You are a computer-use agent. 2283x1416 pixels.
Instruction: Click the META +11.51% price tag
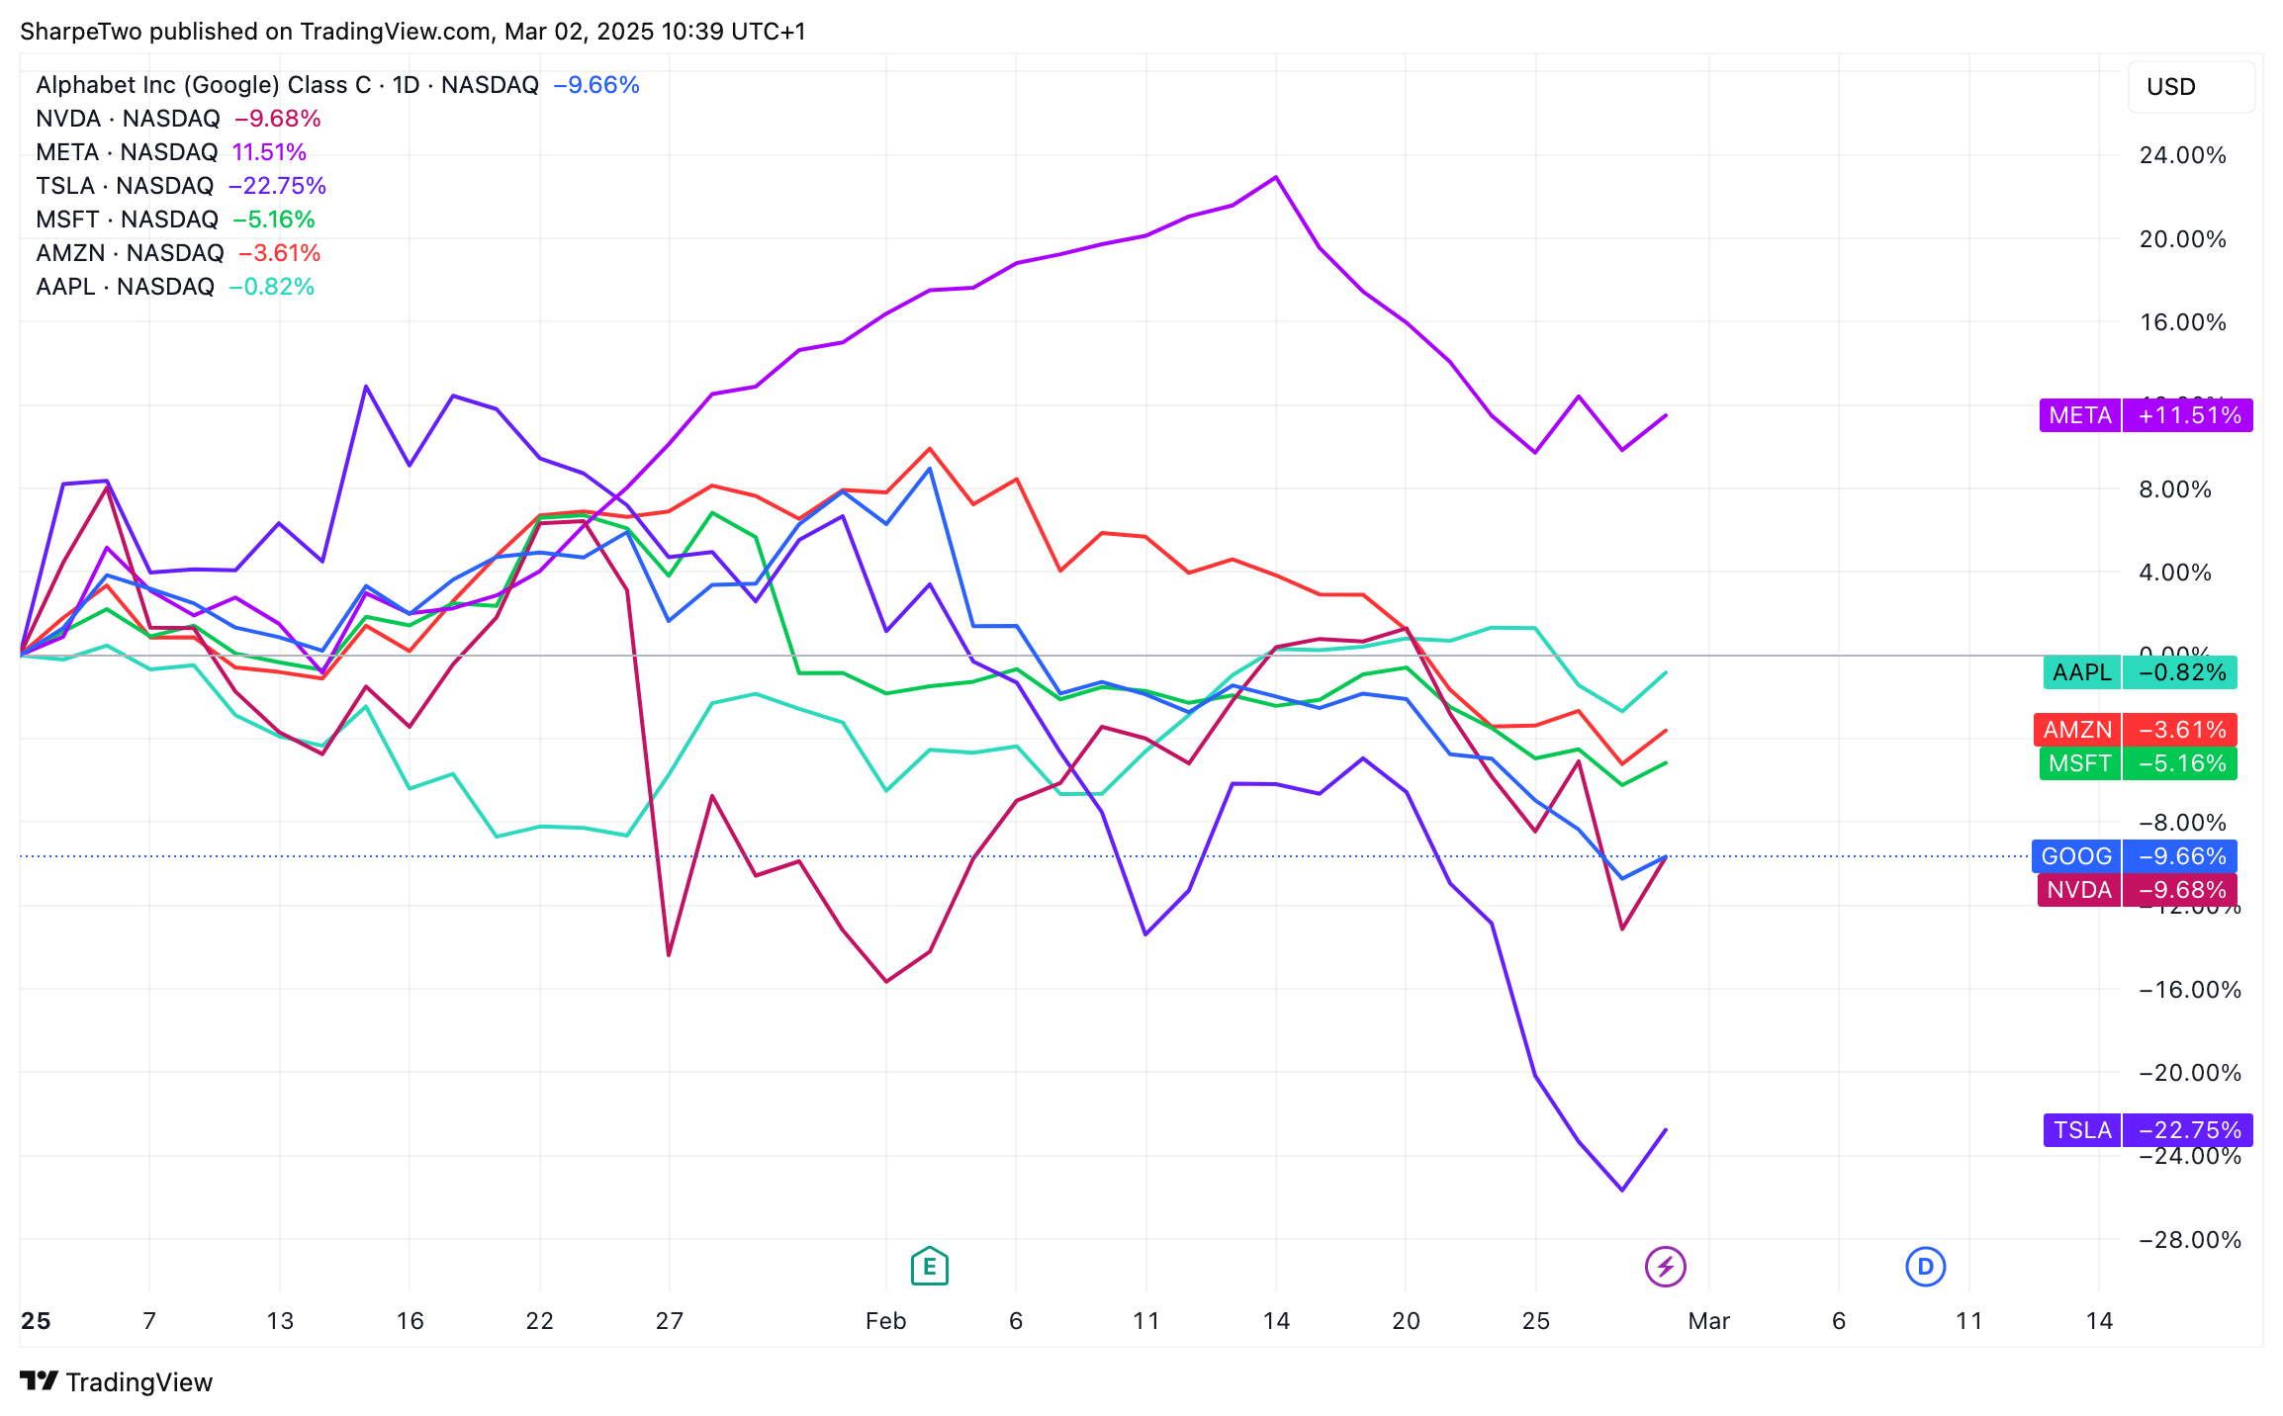pyautogui.click(x=2146, y=415)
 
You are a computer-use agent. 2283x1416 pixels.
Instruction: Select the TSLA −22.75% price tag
pyautogui.click(x=2147, y=1129)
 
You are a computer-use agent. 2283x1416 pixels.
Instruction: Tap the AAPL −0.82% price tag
pyautogui.click(x=2139, y=672)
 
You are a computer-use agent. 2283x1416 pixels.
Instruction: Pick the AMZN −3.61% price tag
pyautogui.click(x=2135, y=730)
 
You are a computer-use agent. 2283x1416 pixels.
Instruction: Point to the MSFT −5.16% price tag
pyautogui.click(x=2137, y=763)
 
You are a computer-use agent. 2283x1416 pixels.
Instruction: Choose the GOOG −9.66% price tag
pyautogui.click(x=2134, y=856)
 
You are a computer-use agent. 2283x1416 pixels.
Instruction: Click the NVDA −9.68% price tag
pyautogui.click(x=2136, y=890)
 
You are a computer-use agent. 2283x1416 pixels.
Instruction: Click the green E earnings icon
pyautogui.click(x=929, y=1266)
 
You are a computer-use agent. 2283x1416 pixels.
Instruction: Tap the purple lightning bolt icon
pyautogui.click(x=1665, y=1266)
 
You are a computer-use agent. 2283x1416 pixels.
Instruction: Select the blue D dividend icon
pyautogui.click(x=1925, y=1266)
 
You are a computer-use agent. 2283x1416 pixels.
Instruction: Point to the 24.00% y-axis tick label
pyautogui.click(x=2182, y=155)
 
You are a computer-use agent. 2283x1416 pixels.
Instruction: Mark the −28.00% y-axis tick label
pyautogui.click(x=2189, y=1240)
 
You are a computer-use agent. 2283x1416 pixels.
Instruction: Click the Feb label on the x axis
pyautogui.click(x=885, y=1321)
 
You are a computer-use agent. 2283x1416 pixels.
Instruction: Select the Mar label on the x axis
pyautogui.click(x=1708, y=1321)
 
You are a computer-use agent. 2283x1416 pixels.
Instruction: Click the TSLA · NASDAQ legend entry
pyautogui.click(x=125, y=186)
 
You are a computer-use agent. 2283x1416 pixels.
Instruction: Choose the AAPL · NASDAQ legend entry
pyautogui.click(x=125, y=287)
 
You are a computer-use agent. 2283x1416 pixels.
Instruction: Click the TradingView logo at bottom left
pyautogui.click(x=117, y=1381)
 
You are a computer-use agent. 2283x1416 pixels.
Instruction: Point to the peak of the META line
pyautogui.click(x=1276, y=177)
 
